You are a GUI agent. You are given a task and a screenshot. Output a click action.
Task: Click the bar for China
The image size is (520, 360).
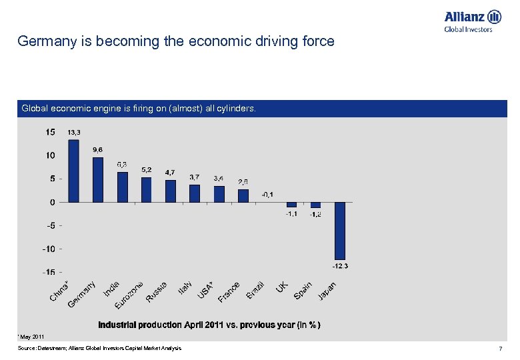coord(73,171)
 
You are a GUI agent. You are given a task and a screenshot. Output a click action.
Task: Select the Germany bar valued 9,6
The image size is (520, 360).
coord(98,179)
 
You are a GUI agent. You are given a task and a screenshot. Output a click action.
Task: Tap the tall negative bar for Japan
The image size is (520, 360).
coord(340,231)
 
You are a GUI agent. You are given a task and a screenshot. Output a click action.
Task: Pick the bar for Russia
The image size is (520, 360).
coord(171,191)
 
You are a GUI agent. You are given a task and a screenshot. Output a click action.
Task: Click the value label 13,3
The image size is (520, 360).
coord(75,133)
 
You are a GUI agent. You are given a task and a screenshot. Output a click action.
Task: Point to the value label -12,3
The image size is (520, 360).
coord(340,266)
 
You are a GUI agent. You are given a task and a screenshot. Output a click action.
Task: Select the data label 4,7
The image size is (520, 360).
coord(171,173)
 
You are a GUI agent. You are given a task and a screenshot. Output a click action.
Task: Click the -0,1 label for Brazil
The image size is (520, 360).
coord(267,194)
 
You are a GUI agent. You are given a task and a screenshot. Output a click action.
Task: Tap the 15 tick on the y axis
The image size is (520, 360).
coord(51,132)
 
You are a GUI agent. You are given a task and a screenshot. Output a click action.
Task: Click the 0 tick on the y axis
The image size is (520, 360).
coord(52,202)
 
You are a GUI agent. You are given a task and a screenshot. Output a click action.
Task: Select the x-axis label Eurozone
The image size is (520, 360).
coord(129,294)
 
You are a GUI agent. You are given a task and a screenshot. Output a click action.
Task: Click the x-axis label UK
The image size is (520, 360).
coord(283,286)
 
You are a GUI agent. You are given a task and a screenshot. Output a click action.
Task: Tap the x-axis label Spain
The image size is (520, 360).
coord(303,290)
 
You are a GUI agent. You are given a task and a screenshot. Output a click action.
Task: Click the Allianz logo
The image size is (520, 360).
coord(473,20)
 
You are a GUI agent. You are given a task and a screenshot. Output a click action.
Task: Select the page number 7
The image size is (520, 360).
coord(499,349)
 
